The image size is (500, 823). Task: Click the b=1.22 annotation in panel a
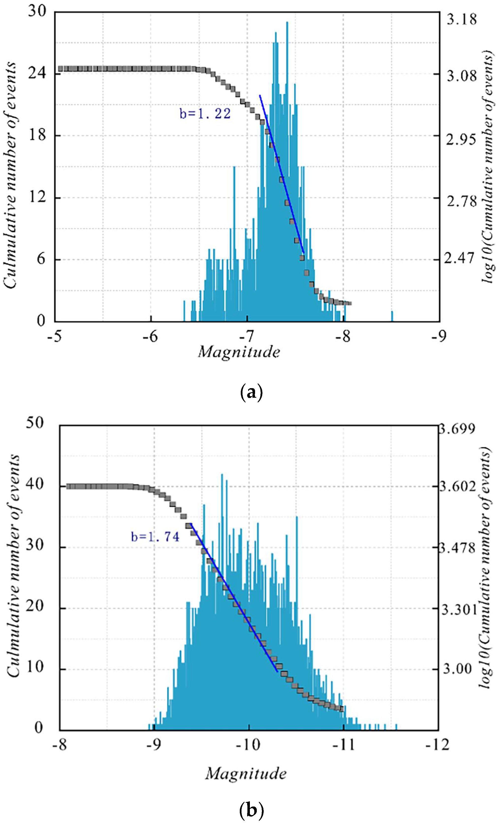(205, 114)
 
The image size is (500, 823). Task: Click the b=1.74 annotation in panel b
(155, 536)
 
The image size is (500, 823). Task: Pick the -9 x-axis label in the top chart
(438, 337)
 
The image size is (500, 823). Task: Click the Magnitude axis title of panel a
(239, 352)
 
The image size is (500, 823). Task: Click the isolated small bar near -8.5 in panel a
(392, 316)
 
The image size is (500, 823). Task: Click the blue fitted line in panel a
(282, 174)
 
